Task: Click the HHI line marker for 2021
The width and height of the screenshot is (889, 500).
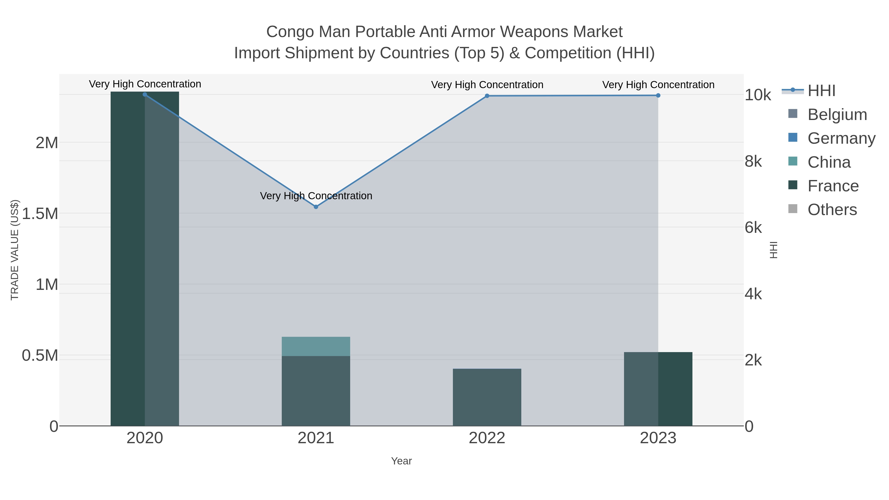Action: pyautogui.click(x=316, y=207)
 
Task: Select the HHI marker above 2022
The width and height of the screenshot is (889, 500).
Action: pyautogui.click(x=487, y=96)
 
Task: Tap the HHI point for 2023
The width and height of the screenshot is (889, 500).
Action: pyautogui.click(x=658, y=95)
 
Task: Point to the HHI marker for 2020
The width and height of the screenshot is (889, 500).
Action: pyautogui.click(x=145, y=95)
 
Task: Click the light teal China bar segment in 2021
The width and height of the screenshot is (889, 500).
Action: pyautogui.click(x=316, y=346)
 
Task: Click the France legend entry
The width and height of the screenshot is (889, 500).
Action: pyautogui.click(x=832, y=186)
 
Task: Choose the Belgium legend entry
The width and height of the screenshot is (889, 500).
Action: pyautogui.click(x=837, y=115)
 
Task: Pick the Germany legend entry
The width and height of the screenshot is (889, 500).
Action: pyautogui.click(x=841, y=138)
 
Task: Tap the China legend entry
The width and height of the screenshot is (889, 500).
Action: pyautogui.click(x=828, y=162)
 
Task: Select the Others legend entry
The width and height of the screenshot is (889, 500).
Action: pyautogui.click(x=832, y=210)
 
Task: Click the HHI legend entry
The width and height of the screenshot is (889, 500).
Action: pyautogui.click(x=821, y=91)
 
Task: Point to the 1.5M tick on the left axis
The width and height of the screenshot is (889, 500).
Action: pyautogui.click(x=40, y=214)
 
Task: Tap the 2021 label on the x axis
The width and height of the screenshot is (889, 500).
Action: pyautogui.click(x=316, y=438)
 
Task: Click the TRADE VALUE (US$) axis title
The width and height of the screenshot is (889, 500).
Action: pyautogui.click(x=15, y=250)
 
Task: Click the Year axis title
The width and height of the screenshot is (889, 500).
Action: pyautogui.click(x=401, y=461)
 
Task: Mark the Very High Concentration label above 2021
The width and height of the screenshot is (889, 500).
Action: pyautogui.click(x=316, y=196)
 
